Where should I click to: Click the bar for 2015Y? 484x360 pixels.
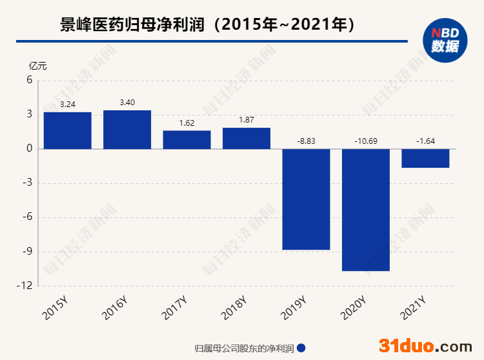pyautogui.click(x=68, y=130)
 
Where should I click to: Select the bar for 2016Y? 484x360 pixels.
pyautogui.click(x=127, y=129)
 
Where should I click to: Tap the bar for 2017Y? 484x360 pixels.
pyautogui.click(x=187, y=139)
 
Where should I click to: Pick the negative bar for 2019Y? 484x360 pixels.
pyautogui.click(x=306, y=199)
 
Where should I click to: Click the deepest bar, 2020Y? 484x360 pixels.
pyautogui.click(x=366, y=210)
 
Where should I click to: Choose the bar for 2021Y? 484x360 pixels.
pyautogui.click(x=425, y=158)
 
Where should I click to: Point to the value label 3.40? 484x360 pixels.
pyautogui.click(x=127, y=103)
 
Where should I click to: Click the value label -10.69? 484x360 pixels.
pyautogui.click(x=366, y=141)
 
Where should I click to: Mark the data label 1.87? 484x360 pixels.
pyautogui.click(x=247, y=120)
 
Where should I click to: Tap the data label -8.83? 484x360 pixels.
pyautogui.click(x=306, y=141)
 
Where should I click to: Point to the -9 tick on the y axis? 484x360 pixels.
pyautogui.click(x=28, y=251)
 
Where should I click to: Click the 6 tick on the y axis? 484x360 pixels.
pyautogui.click(x=30, y=81)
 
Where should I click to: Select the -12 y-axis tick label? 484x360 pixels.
pyautogui.click(x=26, y=285)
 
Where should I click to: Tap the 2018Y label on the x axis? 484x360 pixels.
pyautogui.click(x=234, y=308)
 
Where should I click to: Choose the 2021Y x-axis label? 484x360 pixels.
pyautogui.click(x=413, y=308)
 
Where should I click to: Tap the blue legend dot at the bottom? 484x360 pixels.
pyautogui.click(x=301, y=348)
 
